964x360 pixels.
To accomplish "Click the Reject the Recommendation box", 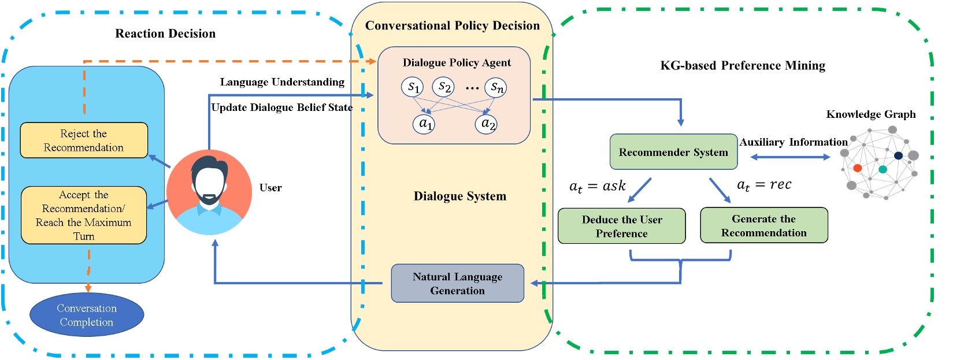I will (84, 140).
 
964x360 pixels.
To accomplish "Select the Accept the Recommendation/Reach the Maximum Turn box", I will (84, 215).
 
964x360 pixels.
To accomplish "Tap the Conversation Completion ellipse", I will (87, 315).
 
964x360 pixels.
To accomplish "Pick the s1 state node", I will (413, 87).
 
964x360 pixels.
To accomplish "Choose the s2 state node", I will (443, 87).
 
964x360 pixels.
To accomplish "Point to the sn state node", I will (496, 87).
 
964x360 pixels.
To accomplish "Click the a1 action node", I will (424, 124).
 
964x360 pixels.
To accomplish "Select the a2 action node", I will (487, 124).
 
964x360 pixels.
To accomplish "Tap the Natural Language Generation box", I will (457, 284).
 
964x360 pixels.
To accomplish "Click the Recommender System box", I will (673, 152).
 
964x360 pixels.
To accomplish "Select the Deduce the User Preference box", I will (621, 226).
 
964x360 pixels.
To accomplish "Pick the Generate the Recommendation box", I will (763, 225).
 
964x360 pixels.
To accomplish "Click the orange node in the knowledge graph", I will (858, 168).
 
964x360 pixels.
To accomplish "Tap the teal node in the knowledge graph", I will (883, 169).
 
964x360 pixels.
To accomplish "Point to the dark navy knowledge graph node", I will (898, 155).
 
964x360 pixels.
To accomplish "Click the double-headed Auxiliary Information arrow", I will (790, 157).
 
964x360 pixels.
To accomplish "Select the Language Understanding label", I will (282, 82).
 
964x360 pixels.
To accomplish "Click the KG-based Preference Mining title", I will (743, 65).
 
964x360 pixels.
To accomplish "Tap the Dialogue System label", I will (459, 196).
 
